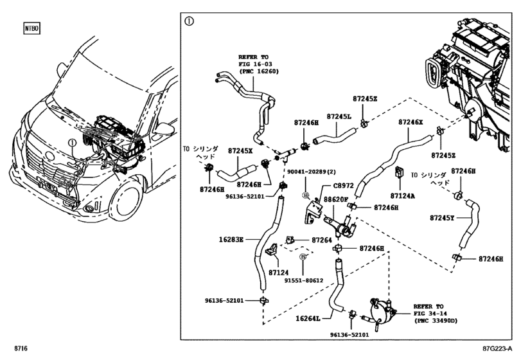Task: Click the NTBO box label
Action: (x=30, y=29)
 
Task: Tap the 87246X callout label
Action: (x=411, y=122)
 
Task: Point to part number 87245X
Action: (x=240, y=150)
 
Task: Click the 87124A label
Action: (x=403, y=195)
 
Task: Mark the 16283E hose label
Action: (x=232, y=239)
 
